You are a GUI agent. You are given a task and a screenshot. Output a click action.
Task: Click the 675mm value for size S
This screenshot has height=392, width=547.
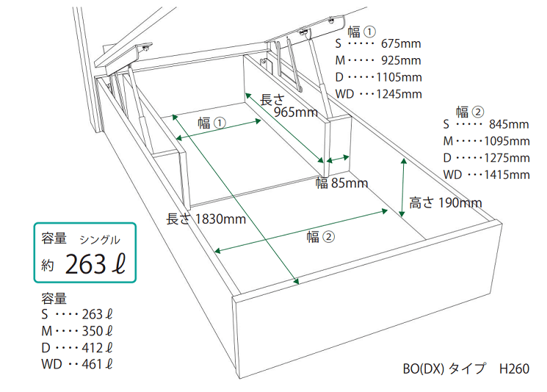click(401, 43)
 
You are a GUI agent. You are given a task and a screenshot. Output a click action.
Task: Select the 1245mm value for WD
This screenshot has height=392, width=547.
click(399, 94)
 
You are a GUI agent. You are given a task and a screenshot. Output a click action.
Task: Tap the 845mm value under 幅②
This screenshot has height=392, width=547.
click(509, 124)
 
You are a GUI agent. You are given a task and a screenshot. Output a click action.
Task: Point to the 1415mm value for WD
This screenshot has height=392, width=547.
click(507, 175)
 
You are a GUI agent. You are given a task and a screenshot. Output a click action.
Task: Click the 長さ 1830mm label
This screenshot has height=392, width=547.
click(206, 219)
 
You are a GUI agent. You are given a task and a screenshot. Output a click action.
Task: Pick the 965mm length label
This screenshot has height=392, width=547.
click(296, 112)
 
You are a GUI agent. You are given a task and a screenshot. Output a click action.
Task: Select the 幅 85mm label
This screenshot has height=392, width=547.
click(342, 182)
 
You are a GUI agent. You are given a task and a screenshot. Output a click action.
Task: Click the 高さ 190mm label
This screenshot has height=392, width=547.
click(446, 203)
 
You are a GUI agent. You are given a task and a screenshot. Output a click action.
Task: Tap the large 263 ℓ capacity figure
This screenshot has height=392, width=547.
click(95, 264)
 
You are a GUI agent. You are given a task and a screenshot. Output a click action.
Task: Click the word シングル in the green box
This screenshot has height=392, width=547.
click(100, 240)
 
